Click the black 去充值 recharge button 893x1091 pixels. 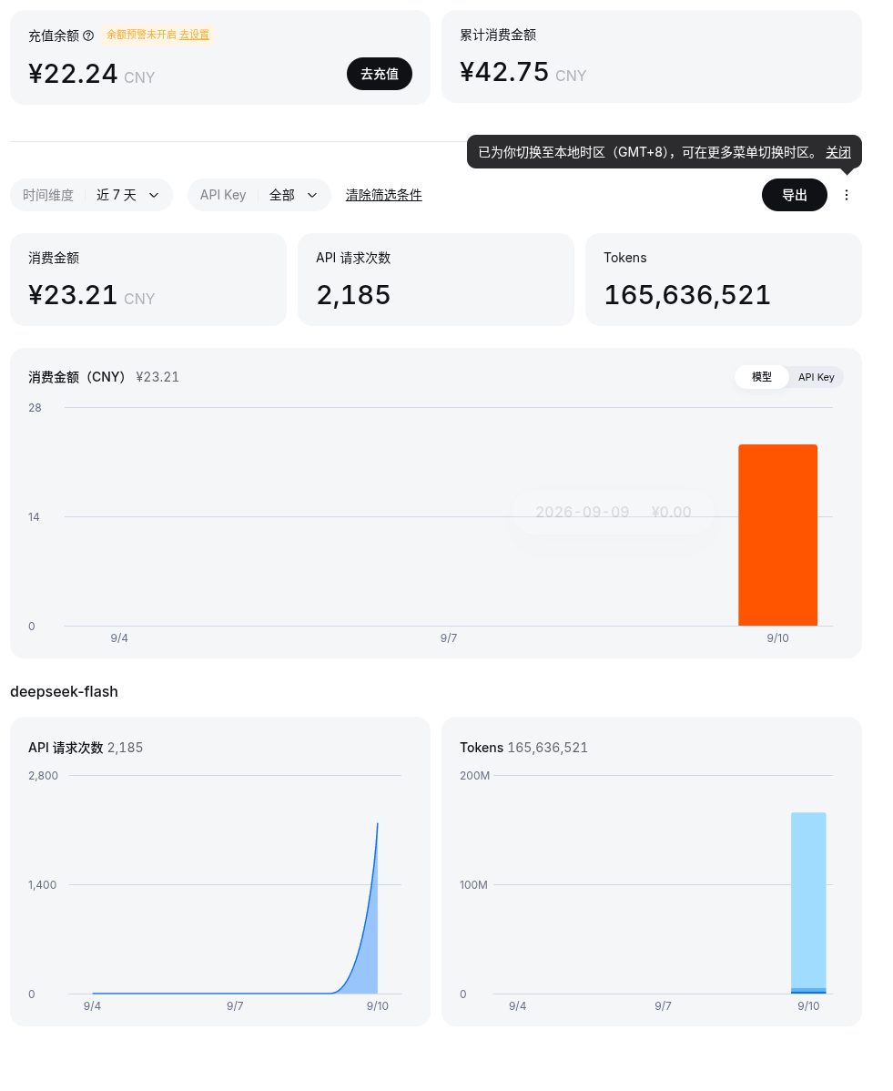379,74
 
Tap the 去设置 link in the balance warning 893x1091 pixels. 194,35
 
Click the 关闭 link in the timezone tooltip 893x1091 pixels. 838,152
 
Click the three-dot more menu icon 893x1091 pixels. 847,195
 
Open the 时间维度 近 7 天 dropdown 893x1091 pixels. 91,195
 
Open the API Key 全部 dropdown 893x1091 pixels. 259,195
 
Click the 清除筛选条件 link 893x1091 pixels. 384,195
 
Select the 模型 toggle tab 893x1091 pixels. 762,377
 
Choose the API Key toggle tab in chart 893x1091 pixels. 816,377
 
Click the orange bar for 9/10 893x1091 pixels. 777,535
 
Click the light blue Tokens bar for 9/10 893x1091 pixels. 808,901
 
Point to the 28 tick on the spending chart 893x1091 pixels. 35,408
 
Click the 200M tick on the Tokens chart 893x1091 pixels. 475,776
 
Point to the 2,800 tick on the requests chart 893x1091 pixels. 43,776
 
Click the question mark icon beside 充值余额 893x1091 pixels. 88,36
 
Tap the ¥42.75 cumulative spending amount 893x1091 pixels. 504,72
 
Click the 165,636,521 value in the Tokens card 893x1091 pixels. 687,295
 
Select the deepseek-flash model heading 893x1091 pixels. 64,691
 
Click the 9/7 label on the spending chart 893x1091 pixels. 449,638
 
